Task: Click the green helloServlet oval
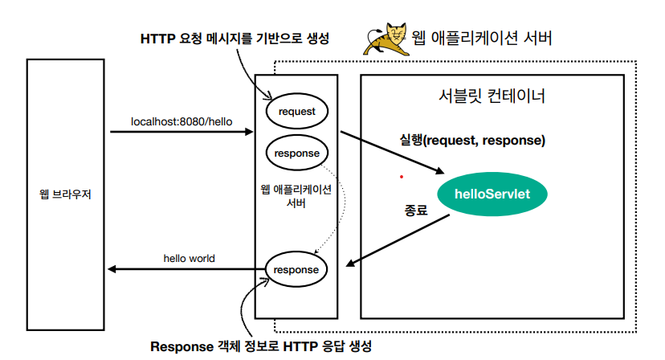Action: (x=489, y=194)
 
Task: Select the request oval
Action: (x=296, y=112)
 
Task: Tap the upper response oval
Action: (x=296, y=153)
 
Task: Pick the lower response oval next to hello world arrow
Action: (x=296, y=270)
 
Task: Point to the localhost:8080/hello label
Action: (x=182, y=121)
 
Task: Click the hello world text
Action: (x=189, y=258)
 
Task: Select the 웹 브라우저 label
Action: (x=66, y=194)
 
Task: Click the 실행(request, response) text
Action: (x=472, y=140)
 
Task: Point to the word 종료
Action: (x=414, y=210)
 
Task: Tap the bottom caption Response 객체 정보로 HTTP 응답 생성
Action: (x=262, y=346)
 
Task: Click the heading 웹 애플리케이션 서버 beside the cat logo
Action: (x=481, y=38)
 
